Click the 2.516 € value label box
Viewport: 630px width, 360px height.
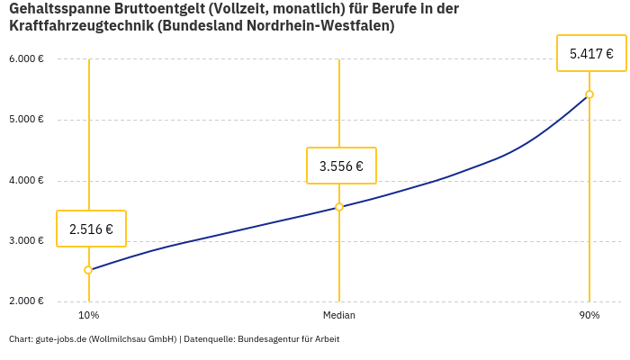tap(91, 229)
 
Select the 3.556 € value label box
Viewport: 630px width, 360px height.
tap(341, 166)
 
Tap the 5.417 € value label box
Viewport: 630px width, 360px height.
tap(591, 53)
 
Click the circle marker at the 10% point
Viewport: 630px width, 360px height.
tap(88, 270)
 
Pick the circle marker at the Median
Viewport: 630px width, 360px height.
tap(339, 207)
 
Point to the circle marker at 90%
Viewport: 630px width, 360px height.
tap(589, 94)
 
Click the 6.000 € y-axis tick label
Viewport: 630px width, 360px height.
tap(26, 59)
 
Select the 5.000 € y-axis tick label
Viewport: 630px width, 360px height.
tap(26, 120)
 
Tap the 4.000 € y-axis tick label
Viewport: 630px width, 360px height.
tap(26, 180)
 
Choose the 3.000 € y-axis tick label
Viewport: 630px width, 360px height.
tap(26, 241)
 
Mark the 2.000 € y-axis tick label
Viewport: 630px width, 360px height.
tap(26, 301)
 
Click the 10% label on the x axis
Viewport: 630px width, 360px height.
tap(88, 316)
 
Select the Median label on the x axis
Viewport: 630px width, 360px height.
tap(339, 316)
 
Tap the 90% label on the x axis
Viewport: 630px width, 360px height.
tap(589, 316)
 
